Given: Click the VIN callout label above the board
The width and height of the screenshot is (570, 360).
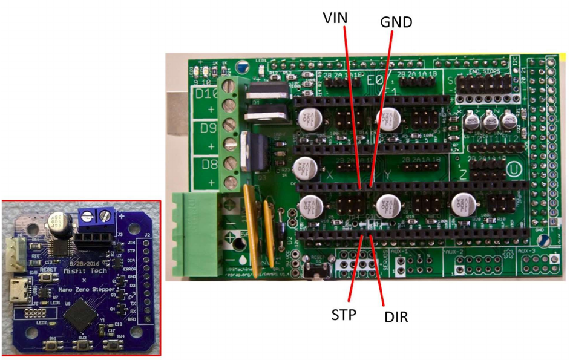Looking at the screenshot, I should [x=336, y=18].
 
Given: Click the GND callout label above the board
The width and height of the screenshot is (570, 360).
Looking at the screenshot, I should [x=396, y=22].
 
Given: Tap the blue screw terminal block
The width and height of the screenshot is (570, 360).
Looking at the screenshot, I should [x=97, y=216].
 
